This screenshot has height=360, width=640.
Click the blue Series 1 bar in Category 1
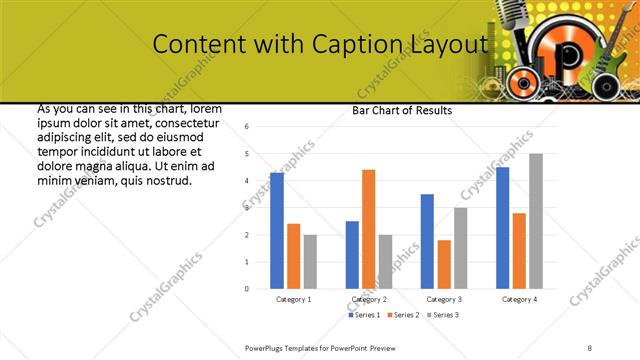coord(277,231)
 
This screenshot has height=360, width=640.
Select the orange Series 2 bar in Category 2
coord(369,229)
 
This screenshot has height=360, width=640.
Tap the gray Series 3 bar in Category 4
coord(536,221)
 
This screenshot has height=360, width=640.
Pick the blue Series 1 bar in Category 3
coord(427,241)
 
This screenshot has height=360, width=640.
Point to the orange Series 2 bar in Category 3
coord(444,264)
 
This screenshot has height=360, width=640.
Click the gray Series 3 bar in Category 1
coord(310,262)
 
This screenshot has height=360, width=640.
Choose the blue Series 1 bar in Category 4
coord(502,228)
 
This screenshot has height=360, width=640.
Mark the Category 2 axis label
coord(369,299)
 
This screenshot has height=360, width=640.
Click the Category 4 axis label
coord(519,299)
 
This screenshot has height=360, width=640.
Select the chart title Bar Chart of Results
coord(402,110)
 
